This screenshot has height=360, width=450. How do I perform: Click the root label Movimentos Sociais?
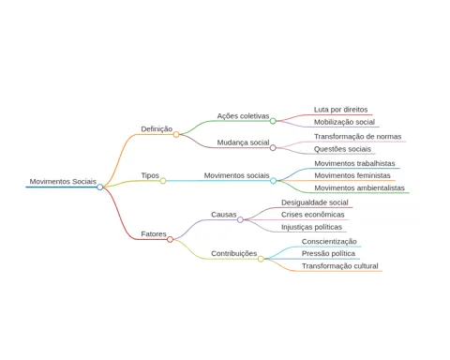63,182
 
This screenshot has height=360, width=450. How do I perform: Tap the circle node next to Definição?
176,134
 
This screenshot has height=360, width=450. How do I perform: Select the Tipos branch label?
150,175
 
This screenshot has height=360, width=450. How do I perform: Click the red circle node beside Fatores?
170,239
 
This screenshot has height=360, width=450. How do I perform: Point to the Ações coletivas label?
243,116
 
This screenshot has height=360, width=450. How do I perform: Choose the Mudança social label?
243,142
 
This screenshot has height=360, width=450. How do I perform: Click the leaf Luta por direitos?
340,110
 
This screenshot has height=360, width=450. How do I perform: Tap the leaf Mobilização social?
344,122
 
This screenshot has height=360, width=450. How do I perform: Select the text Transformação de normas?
358,137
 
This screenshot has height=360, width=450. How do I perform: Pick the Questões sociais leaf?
342,149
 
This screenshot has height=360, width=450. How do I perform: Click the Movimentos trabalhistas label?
354,163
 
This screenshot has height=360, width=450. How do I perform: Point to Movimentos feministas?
352,175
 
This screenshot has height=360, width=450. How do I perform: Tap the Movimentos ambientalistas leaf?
359,188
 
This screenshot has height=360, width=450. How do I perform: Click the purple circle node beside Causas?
240,219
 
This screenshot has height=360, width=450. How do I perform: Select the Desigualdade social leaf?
315,202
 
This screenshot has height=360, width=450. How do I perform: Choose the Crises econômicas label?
313,215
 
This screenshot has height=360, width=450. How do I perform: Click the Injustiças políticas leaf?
311,227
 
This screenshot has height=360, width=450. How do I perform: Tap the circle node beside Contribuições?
261,259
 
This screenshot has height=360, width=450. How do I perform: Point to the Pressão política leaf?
328,254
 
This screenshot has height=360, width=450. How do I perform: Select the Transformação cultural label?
340,266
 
